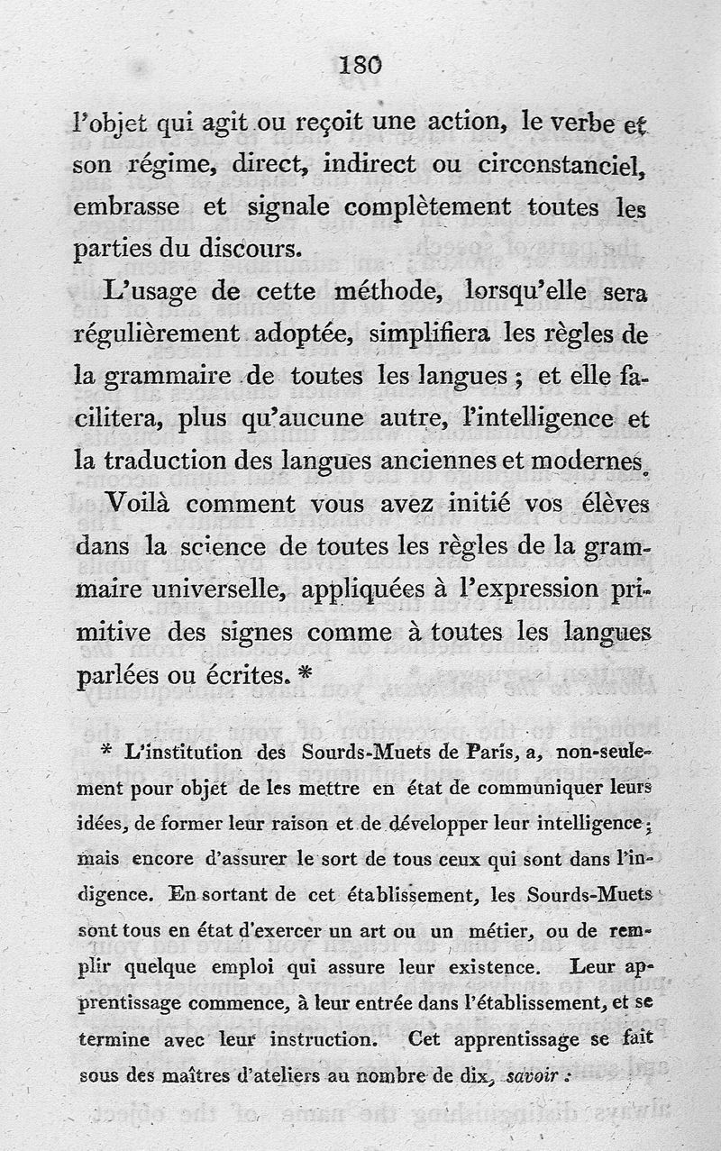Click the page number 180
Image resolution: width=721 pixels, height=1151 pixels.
(361, 65)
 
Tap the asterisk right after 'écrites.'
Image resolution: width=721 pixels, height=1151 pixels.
(305, 671)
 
